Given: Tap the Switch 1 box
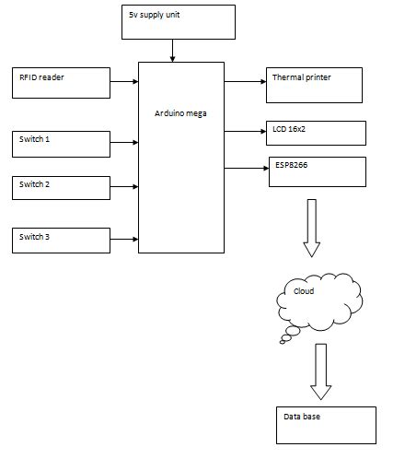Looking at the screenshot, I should pyautogui.click(x=63, y=143).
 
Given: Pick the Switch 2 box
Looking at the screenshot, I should pyautogui.click(x=63, y=188).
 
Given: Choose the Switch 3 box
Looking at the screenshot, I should pyautogui.click(x=63, y=240).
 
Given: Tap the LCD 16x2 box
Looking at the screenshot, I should pyautogui.click(x=315, y=134).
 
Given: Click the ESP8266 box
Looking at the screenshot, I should pyautogui.click(x=315, y=171).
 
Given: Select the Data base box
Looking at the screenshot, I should pyautogui.click(x=325, y=424).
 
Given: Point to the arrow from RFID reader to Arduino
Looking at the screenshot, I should pyautogui.click(x=125, y=83).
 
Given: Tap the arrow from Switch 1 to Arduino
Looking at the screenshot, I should pyautogui.click(x=125, y=143).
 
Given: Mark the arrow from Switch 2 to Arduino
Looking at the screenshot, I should pyautogui.click(x=125, y=188).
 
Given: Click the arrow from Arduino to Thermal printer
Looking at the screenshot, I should pyautogui.click(x=244, y=82).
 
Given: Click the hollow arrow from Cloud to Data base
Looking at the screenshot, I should pyautogui.click(x=319, y=371).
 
